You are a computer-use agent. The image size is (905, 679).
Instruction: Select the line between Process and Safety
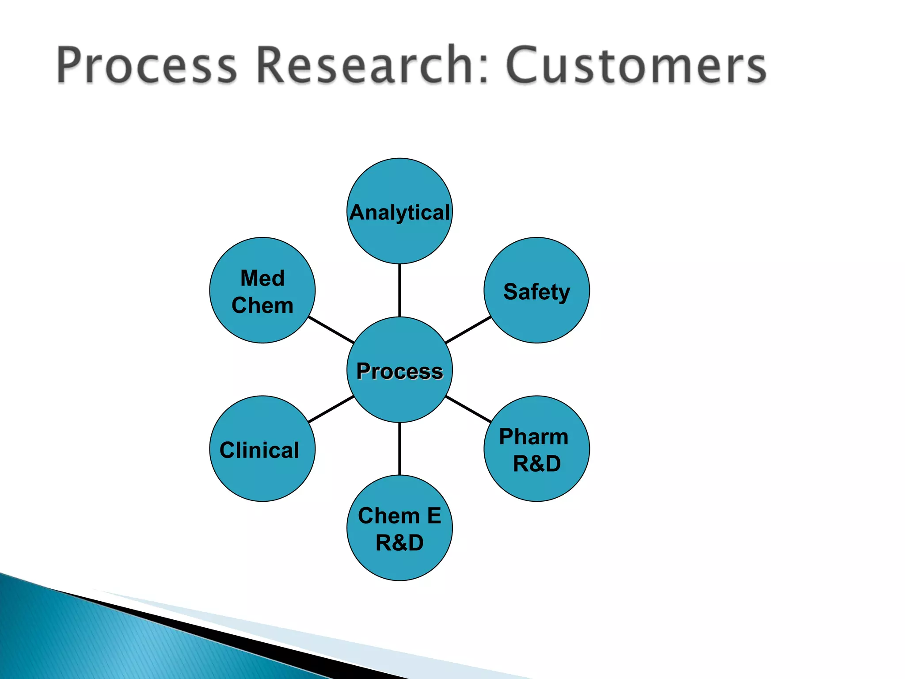pos(468,330)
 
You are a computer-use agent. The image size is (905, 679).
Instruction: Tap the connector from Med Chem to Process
pos(331,330)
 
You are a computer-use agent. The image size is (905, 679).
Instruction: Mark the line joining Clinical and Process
pos(331,409)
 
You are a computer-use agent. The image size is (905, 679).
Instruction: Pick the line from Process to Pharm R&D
pos(468,409)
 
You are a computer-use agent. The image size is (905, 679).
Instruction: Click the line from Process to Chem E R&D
pos(399,449)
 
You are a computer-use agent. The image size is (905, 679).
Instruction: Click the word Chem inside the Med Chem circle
pos(262,305)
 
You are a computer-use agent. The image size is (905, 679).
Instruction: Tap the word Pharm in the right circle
pos(533,437)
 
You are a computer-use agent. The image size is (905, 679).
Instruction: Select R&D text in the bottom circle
pos(399,543)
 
